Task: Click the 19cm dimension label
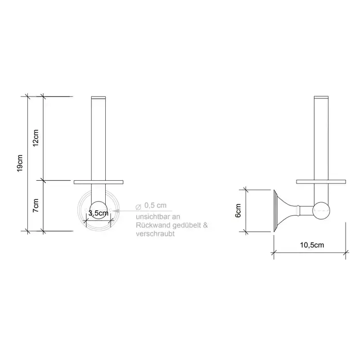[x=20, y=163]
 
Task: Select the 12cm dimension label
[x=36, y=138]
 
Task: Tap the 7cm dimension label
[x=36, y=205]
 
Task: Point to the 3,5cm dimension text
[x=99, y=213]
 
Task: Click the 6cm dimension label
[x=238, y=210]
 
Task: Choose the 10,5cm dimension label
[x=311, y=245]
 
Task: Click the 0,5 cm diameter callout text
[x=155, y=205]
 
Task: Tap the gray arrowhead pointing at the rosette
[x=116, y=211]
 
